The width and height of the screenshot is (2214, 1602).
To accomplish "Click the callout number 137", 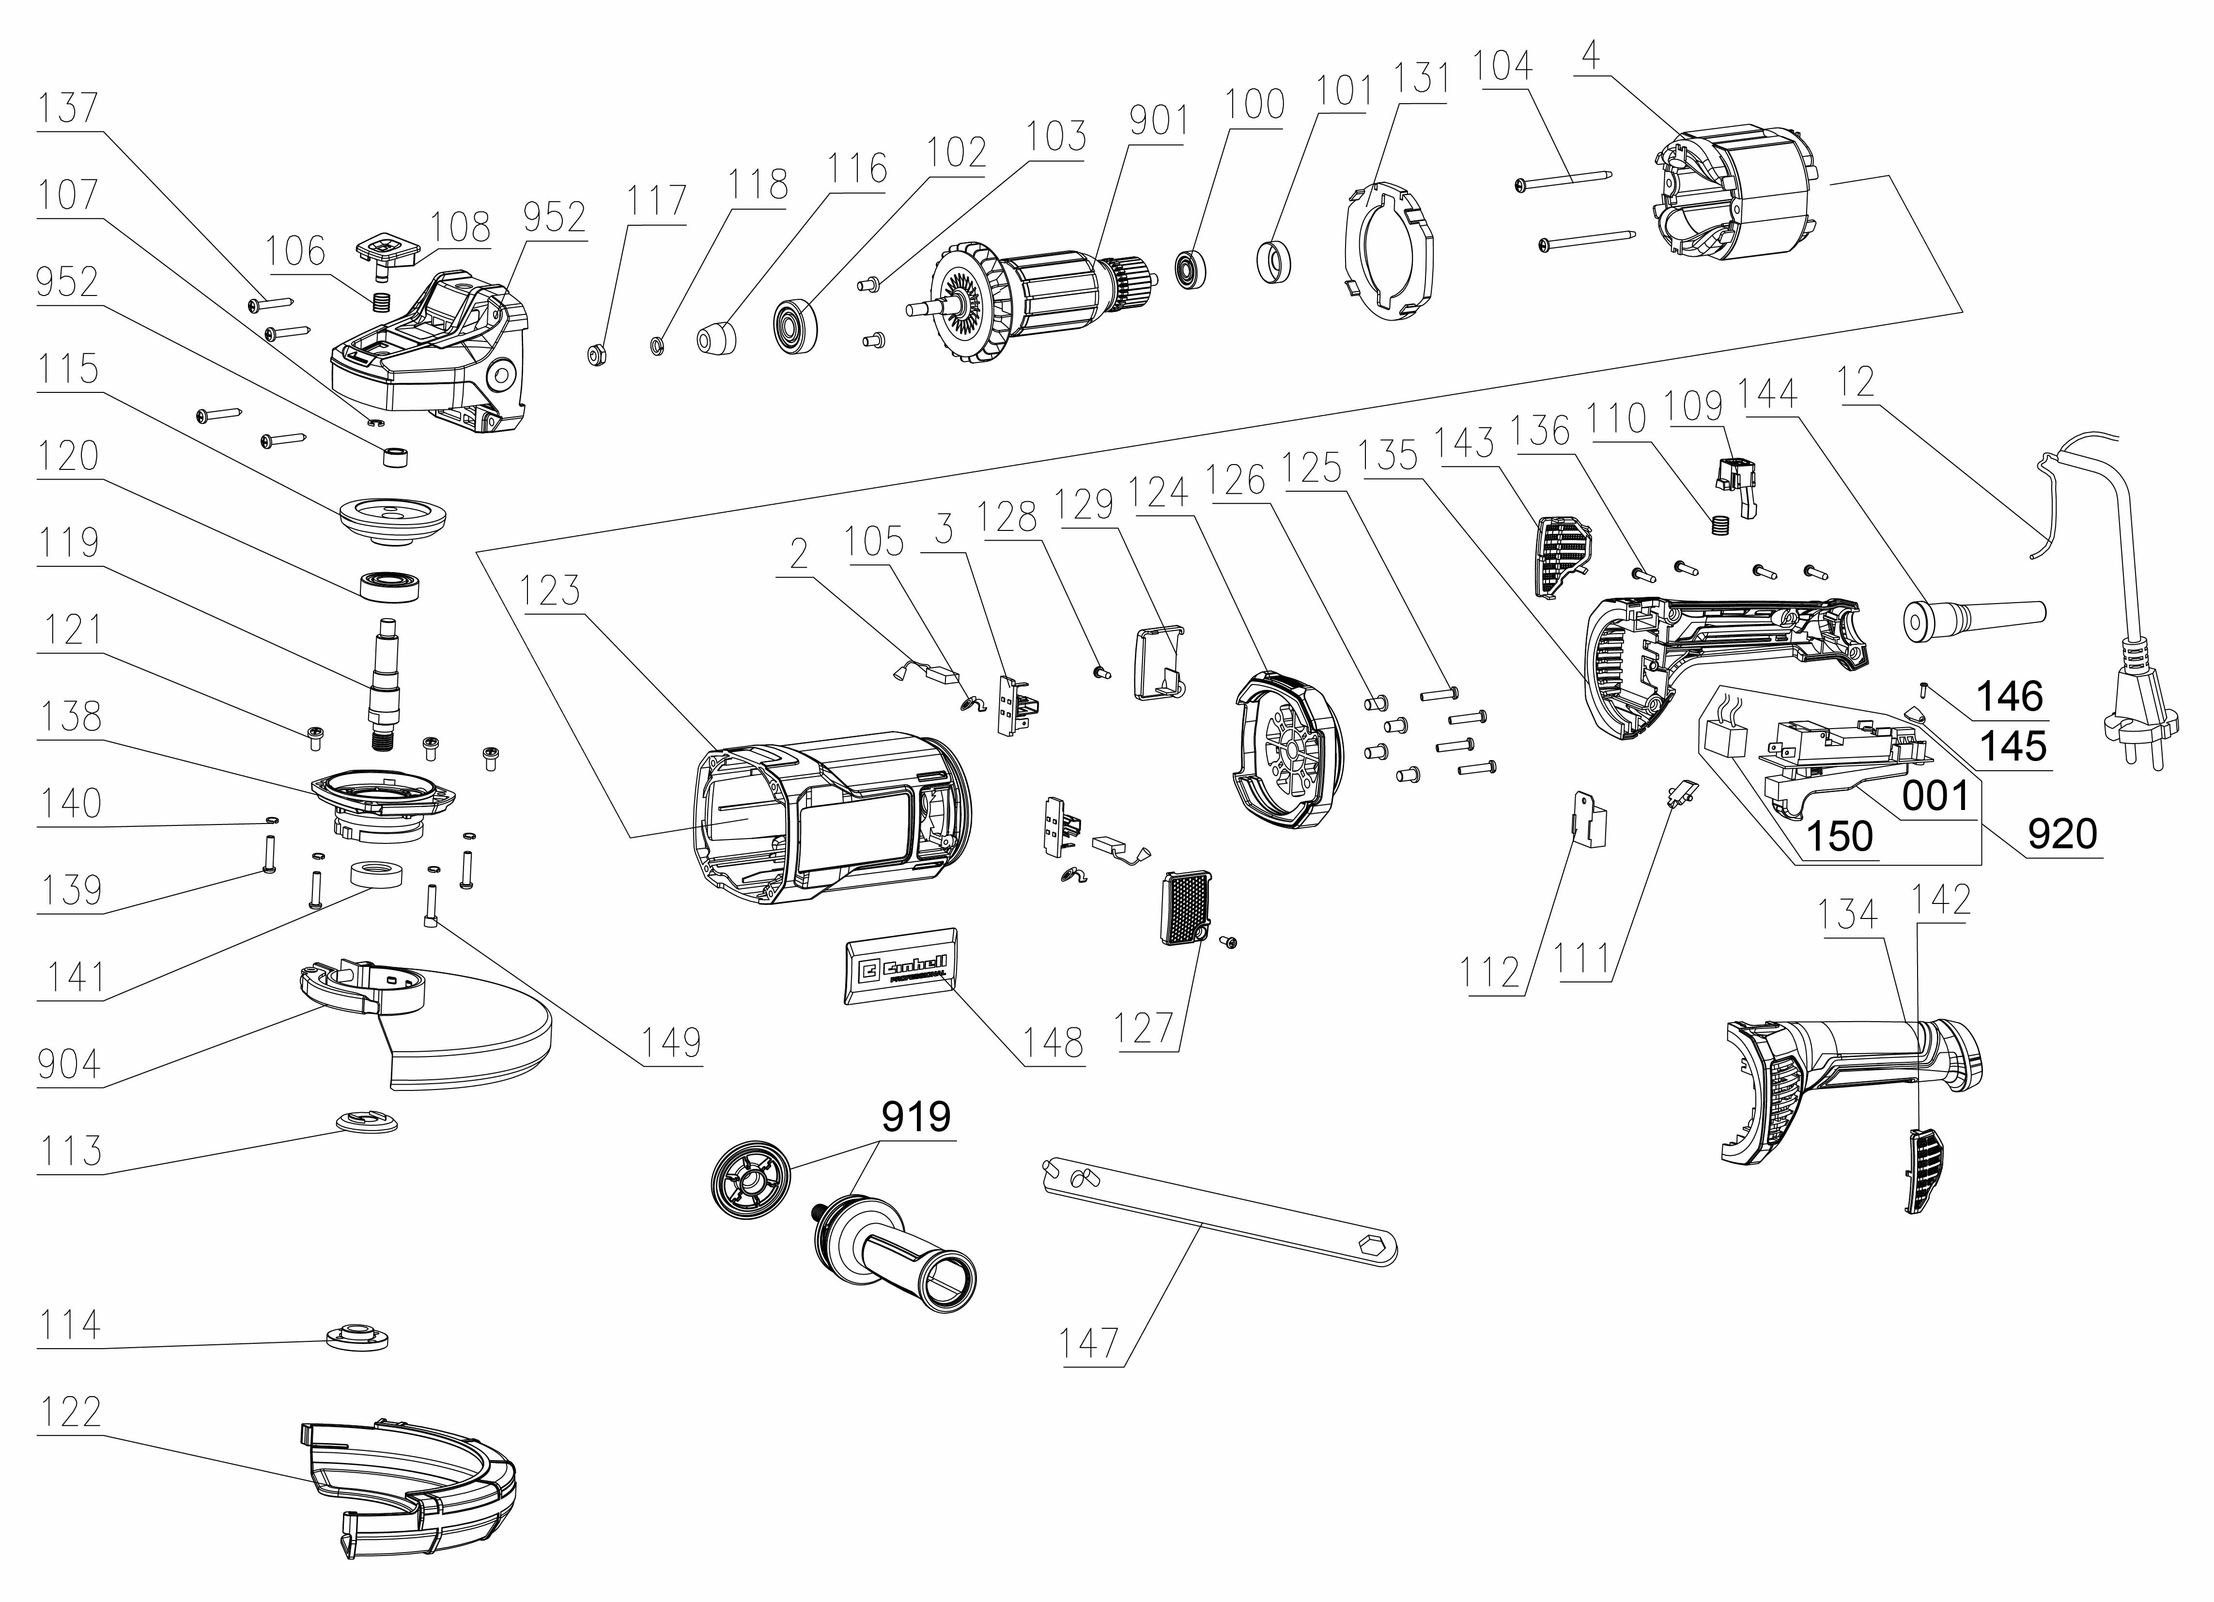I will (68, 108).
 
